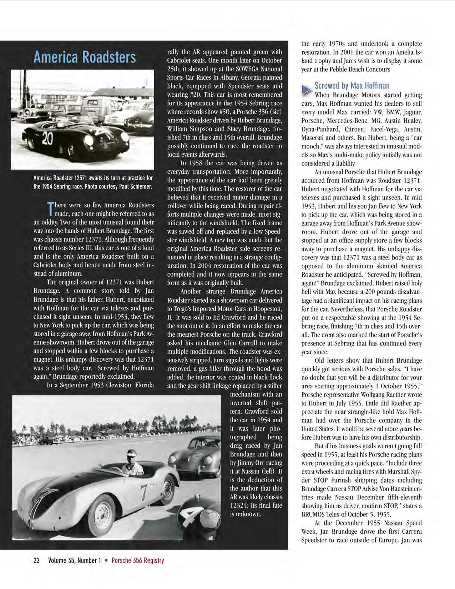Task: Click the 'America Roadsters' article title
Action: (x=85, y=57)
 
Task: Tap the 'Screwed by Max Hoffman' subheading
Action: (x=352, y=86)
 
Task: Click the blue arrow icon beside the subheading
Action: (x=306, y=90)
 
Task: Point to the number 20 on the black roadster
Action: (x=47, y=139)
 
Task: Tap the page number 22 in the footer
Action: (x=36, y=560)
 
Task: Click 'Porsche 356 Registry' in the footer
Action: (x=138, y=560)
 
